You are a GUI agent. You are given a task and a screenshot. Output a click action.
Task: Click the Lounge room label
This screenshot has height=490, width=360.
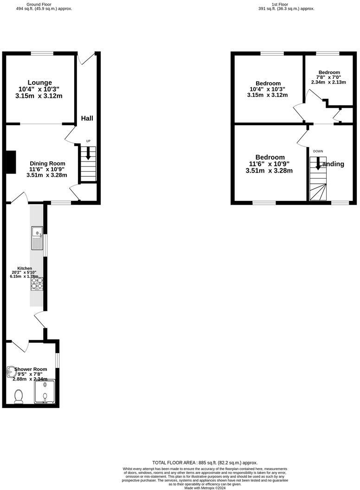coord(39,83)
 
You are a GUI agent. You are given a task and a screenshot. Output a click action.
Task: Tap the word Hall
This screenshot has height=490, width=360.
coord(87,118)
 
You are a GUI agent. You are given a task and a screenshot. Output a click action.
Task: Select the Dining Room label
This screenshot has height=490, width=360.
coord(47,163)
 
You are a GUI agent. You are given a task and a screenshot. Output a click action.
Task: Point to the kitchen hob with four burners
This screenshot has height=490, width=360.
coord(37,283)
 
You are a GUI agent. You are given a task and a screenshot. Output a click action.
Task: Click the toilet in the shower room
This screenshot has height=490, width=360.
coord(19,396)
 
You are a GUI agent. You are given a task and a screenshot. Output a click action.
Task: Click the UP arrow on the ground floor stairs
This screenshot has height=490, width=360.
coord(88,155)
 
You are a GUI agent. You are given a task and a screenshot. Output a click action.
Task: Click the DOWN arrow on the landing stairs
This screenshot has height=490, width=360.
coord(318,163)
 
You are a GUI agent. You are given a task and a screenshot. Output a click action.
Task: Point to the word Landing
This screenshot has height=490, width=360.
coord(331,164)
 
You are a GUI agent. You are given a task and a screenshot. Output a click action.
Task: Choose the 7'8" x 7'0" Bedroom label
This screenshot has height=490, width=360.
coord(328,72)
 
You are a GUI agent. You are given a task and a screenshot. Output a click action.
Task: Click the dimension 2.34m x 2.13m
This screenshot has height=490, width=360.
coord(328,82)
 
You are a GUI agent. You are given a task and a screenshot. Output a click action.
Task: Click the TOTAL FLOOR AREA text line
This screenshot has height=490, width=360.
coord(205,463)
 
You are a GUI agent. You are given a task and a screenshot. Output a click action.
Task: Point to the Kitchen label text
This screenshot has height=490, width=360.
coord(25,268)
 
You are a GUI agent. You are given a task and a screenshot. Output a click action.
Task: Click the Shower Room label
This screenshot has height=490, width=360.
coord(31,369)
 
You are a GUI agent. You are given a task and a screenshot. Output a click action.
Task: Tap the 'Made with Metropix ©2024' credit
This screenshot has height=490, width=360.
coord(205,488)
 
